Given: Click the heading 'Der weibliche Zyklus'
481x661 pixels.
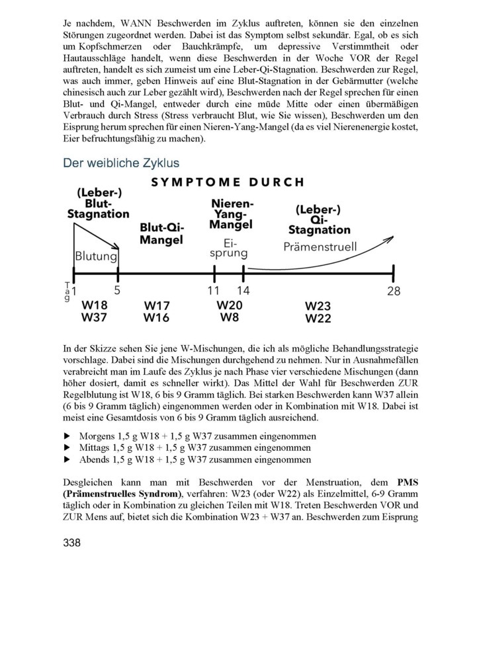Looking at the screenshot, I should click(121, 163).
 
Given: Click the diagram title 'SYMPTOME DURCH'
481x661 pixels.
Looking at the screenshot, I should click(228, 182).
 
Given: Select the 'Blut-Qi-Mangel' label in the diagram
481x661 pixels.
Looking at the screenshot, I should click(161, 233).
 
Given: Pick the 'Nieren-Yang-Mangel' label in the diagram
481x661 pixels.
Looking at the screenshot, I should click(230, 213).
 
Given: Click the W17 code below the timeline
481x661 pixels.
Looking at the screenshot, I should click(157, 306).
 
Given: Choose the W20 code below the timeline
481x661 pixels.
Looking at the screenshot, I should click(230, 305).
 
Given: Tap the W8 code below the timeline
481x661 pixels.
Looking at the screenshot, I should click(230, 317).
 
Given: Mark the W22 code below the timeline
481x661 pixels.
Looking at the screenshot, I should click(318, 319).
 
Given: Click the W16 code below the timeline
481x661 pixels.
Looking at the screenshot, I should click(157, 318).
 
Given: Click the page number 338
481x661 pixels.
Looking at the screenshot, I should click(71, 543).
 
